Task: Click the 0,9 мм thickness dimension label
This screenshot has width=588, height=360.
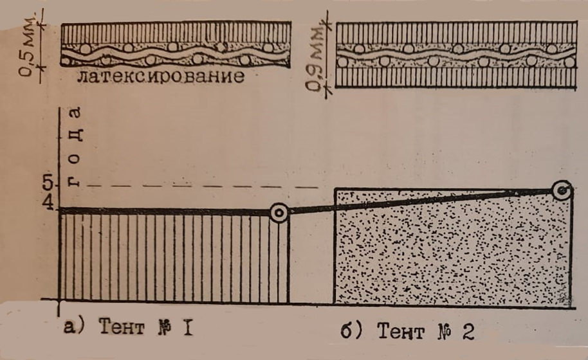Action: pyautogui.click(x=315, y=59)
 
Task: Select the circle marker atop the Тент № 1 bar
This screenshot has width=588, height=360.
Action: pyautogui.click(x=279, y=213)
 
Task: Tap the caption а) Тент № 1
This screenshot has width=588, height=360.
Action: pyautogui.click(x=129, y=328)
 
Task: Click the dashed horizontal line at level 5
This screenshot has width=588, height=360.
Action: pyautogui.click(x=193, y=187)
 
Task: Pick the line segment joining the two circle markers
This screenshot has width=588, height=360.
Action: pyautogui.click(x=418, y=201)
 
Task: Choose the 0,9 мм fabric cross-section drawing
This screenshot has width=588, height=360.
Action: pyautogui.click(x=454, y=55)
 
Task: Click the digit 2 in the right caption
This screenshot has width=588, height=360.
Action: pyautogui.click(x=468, y=332)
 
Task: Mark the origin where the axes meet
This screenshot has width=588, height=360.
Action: pyautogui.click(x=59, y=300)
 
